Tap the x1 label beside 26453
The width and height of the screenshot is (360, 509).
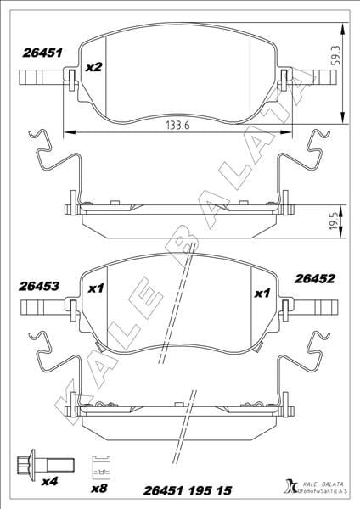(x=95, y=288)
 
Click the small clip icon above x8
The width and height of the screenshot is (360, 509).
(x=101, y=465)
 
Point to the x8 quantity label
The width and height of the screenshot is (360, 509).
(x=101, y=489)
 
